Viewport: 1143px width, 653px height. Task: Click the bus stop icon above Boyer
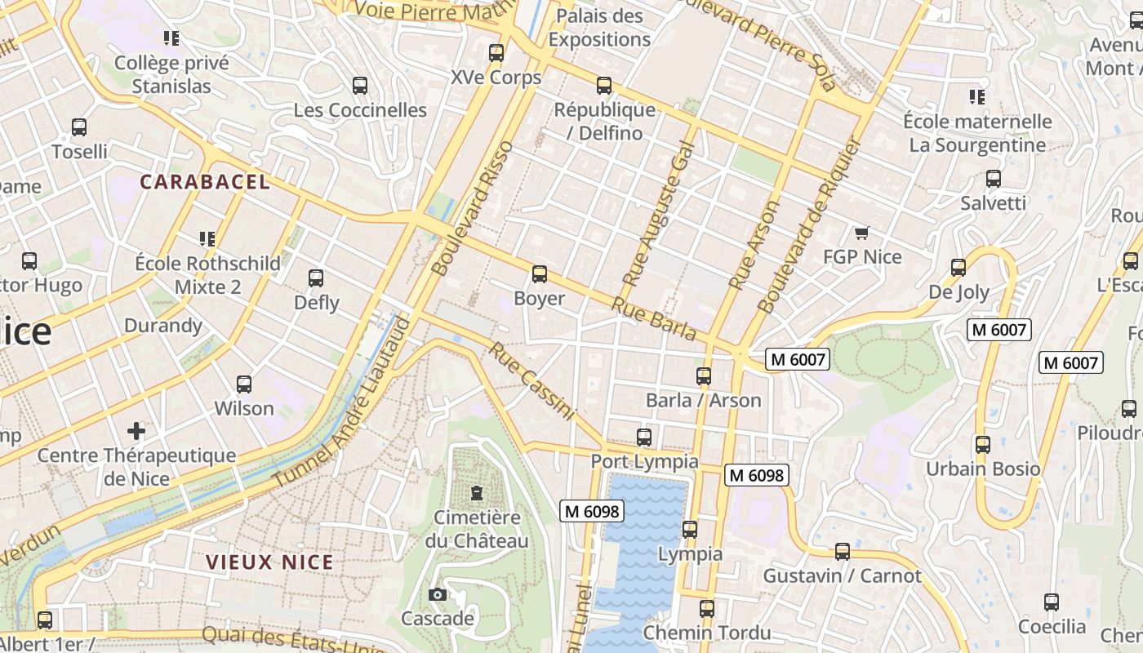(539, 274)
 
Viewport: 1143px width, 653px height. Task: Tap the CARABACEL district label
(205, 182)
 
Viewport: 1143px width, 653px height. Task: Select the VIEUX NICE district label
(269, 562)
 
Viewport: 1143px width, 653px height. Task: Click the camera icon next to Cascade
(438, 594)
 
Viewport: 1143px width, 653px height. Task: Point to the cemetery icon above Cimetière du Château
(477, 493)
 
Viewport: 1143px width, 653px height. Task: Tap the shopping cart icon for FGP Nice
(861, 233)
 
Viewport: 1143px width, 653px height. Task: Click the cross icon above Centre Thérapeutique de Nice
(136, 430)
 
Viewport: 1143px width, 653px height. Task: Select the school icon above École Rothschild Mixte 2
(207, 239)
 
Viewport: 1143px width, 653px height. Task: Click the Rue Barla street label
(654, 319)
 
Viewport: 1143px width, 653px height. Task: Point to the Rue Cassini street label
(532, 381)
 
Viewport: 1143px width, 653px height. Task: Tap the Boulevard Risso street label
(473, 208)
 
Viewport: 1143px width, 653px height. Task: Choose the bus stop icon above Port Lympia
(644, 438)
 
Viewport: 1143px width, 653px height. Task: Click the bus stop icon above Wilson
(243, 384)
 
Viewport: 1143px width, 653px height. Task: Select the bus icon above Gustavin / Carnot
(843, 552)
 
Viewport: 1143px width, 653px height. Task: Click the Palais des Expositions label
(599, 28)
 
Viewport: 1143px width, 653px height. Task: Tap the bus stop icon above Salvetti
(993, 179)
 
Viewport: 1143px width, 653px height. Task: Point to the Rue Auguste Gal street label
(658, 213)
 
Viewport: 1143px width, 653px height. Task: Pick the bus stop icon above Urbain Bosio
(983, 445)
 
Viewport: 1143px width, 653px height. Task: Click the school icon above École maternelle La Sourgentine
(976, 97)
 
